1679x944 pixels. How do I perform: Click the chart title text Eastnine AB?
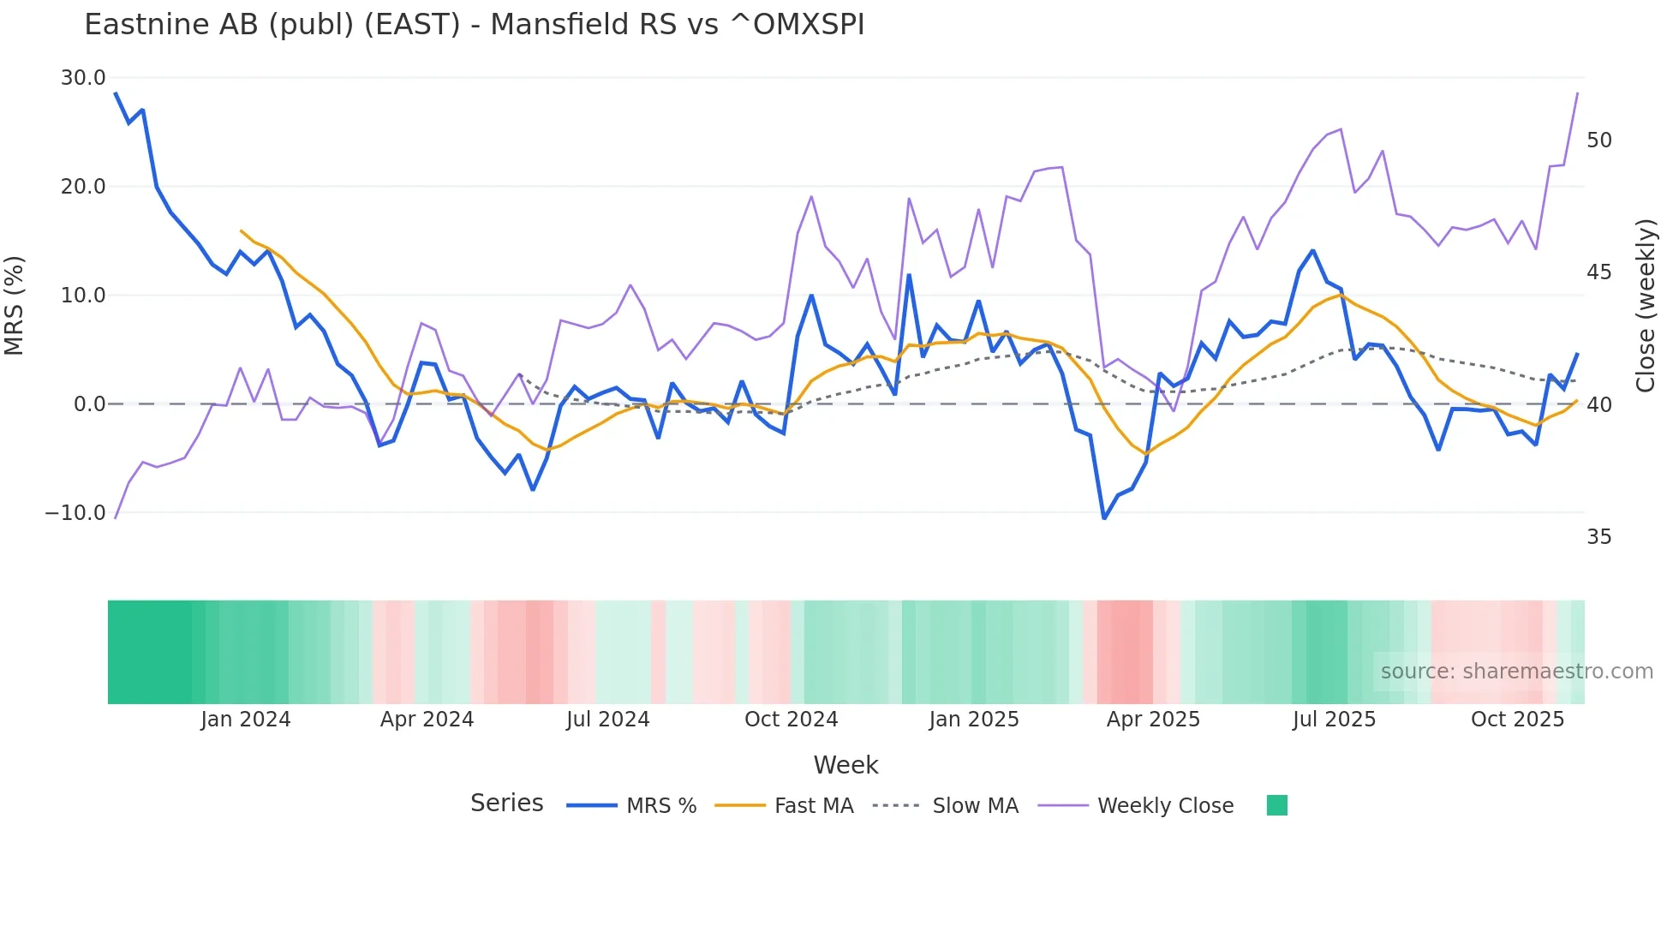click(x=474, y=25)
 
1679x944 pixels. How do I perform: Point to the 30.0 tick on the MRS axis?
click(x=83, y=78)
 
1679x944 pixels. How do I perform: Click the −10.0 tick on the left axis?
click(x=75, y=513)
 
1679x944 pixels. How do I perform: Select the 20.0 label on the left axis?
click(x=83, y=187)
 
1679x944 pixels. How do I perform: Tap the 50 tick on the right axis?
click(x=1599, y=140)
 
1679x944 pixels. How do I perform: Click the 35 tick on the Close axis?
click(x=1599, y=537)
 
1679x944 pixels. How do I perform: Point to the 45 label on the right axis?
click(x=1599, y=272)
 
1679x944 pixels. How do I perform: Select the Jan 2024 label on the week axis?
click(x=246, y=720)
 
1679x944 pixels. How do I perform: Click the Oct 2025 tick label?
click(x=1517, y=720)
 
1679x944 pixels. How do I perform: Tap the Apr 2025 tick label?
click(x=1153, y=720)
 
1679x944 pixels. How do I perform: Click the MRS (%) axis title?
click(x=15, y=306)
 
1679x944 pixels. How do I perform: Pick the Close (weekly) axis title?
click(x=1646, y=306)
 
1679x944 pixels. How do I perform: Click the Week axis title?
click(x=845, y=765)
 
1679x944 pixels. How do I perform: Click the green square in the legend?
click(x=1276, y=805)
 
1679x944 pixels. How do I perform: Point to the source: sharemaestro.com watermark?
click(x=1516, y=672)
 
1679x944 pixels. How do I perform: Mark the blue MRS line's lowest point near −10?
click(x=1104, y=518)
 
